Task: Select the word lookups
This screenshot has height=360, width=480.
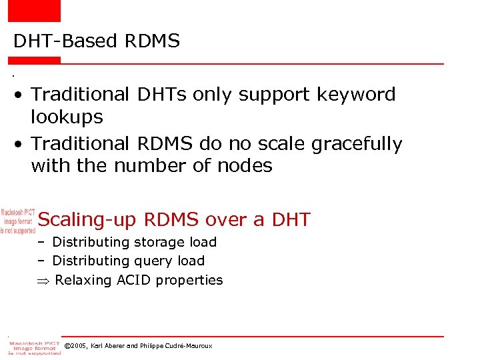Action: point(67,117)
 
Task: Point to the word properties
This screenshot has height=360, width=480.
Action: point(191,281)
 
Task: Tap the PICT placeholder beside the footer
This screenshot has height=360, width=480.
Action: point(33,347)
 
